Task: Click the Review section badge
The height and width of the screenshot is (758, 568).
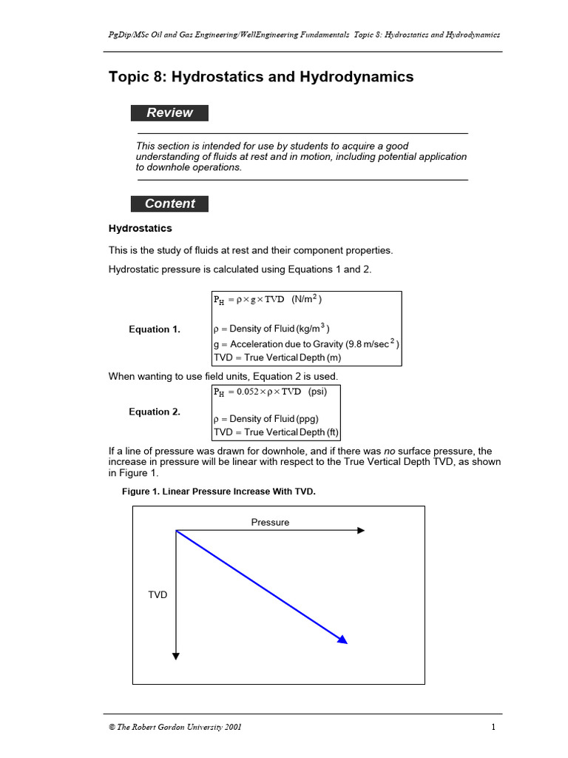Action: tap(169, 113)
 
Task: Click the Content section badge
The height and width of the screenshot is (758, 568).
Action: tap(169, 204)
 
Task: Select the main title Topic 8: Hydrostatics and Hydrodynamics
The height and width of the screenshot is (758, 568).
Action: tap(261, 77)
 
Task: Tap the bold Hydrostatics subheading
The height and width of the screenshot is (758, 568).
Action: tap(141, 228)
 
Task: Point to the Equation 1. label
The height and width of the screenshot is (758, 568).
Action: tap(155, 329)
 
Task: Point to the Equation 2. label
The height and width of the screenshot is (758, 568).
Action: tap(155, 412)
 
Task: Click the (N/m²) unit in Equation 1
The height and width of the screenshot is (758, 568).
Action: tap(306, 299)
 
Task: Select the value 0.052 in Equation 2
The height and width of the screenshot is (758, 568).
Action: tap(248, 392)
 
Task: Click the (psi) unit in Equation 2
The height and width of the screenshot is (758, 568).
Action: tap(317, 392)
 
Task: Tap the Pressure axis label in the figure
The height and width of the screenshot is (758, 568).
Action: tap(270, 522)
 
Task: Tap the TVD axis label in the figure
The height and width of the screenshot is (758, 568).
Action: tap(158, 594)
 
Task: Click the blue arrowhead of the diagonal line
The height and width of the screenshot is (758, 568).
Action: tap(342, 640)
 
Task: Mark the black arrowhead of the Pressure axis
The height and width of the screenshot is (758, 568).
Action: tap(361, 530)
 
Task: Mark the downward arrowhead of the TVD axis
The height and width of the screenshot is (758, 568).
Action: tap(176, 654)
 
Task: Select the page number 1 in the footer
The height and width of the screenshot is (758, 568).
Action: tap(493, 727)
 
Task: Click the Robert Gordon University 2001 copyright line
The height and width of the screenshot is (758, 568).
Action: tap(175, 727)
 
